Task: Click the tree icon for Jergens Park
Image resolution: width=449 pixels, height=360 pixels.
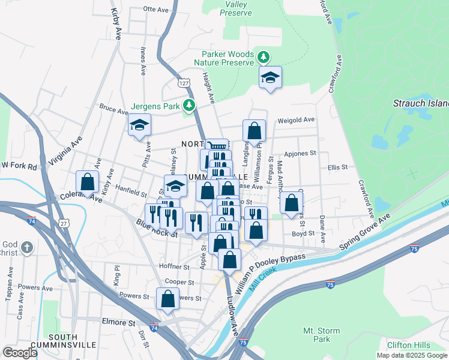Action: (190, 106)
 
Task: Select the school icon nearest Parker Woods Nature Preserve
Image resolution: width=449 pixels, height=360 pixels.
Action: (271, 77)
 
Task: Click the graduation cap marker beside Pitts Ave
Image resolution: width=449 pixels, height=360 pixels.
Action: (139, 125)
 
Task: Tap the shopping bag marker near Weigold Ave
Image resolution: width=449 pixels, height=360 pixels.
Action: (254, 131)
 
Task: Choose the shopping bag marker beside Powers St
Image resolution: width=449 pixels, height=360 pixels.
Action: (167, 299)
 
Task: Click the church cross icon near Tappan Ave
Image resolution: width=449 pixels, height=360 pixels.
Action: (26, 247)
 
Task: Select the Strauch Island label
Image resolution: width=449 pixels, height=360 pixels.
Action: (420, 103)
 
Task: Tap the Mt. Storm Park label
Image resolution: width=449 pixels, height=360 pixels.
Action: (321, 335)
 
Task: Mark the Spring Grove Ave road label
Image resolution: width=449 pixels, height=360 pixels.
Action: (365, 232)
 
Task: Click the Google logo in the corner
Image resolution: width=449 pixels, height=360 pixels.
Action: (20, 352)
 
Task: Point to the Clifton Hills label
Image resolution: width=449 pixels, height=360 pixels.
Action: (408, 345)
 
